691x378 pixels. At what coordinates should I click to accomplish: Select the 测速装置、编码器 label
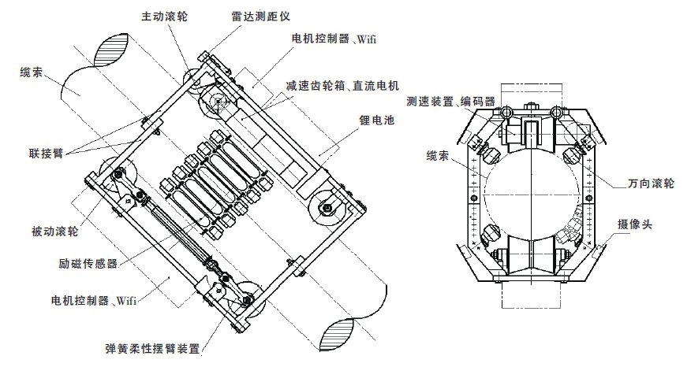coord(451,102)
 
